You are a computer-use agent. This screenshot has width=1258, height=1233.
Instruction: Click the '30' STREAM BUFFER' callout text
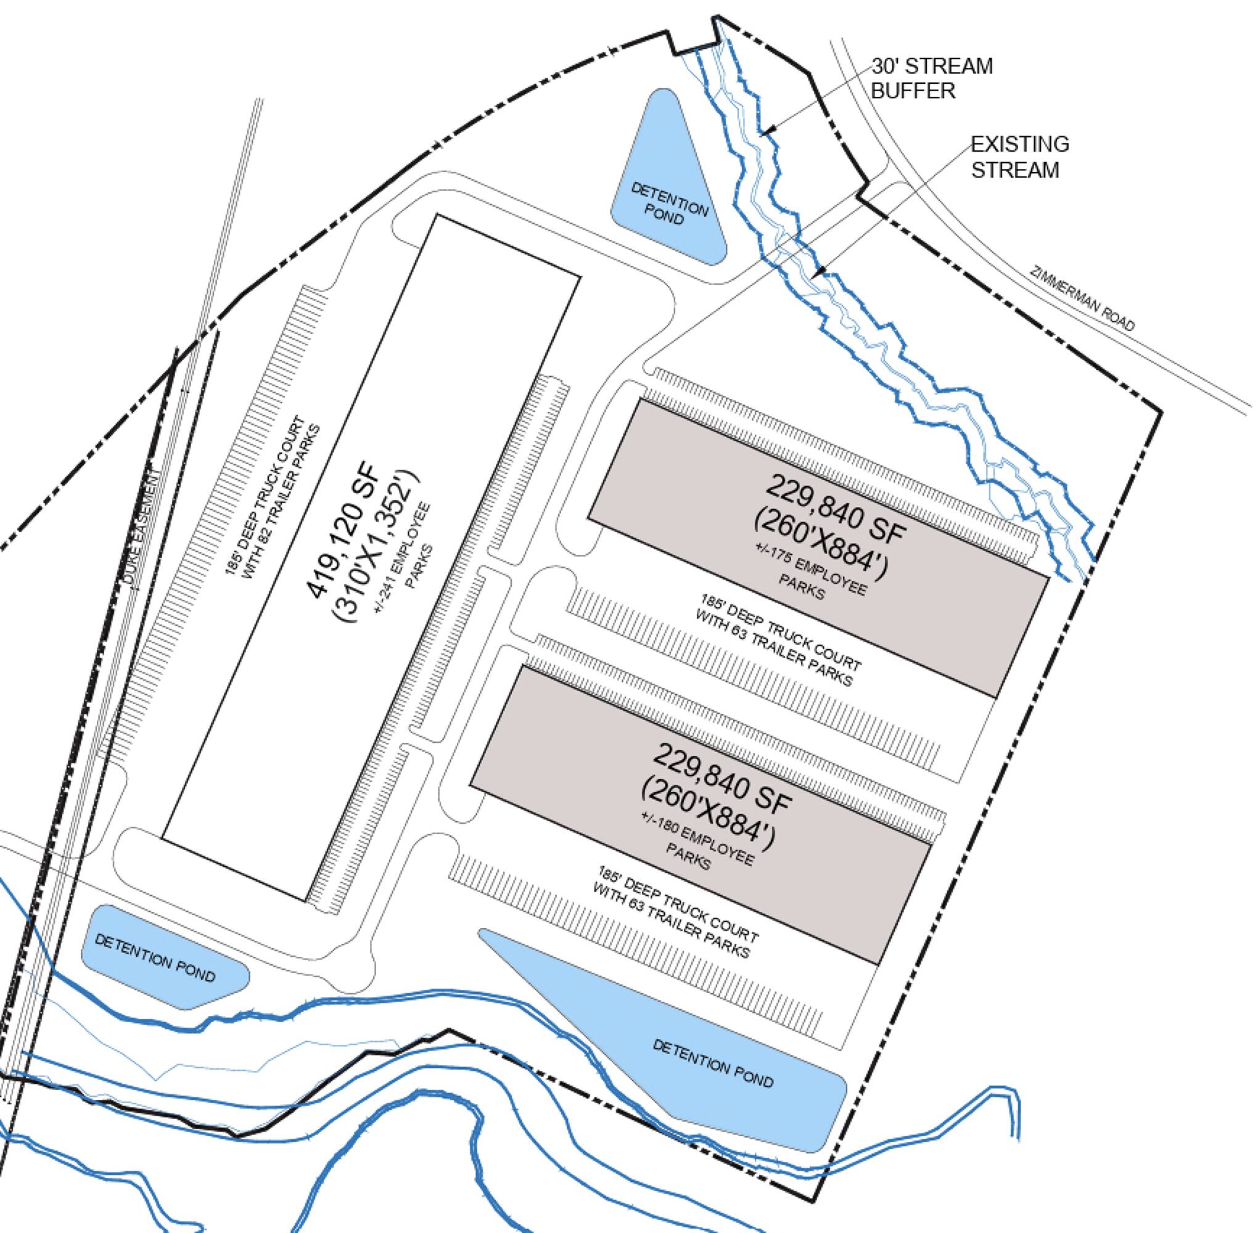pyautogui.click(x=931, y=78)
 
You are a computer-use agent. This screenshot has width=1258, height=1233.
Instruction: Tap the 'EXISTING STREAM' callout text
pyautogui.click(x=1019, y=157)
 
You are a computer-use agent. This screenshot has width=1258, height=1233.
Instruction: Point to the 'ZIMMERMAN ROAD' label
pyautogui.click(x=1082, y=299)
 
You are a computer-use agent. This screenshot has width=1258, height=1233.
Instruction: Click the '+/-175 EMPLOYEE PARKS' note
pyautogui.click(x=812, y=574)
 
